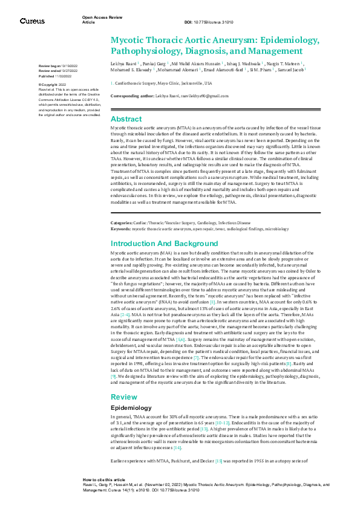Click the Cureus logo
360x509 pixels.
(x=32, y=21)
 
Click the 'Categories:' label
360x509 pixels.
(x=122, y=223)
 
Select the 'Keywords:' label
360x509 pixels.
(x=120, y=229)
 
